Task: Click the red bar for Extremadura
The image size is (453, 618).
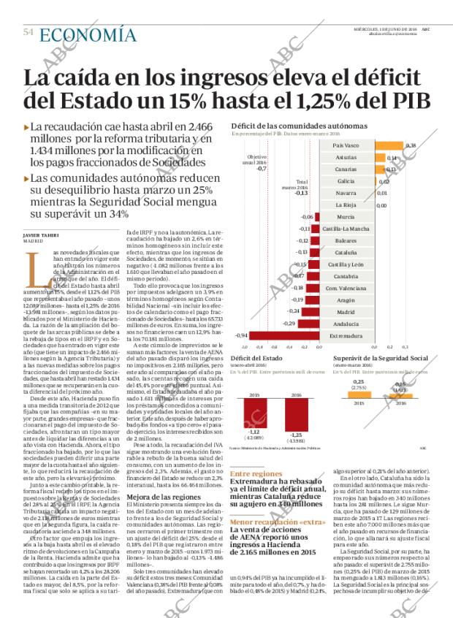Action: pyautogui.click(x=281, y=335)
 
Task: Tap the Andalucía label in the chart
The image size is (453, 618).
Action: pyautogui.click(x=346, y=323)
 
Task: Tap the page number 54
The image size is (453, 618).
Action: pyautogui.click(x=28, y=33)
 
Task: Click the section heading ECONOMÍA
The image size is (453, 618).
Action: pyautogui.click(x=87, y=34)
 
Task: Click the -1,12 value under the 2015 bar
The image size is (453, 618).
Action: pyautogui.click(x=254, y=432)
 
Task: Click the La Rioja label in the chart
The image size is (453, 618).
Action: pyautogui.click(x=346, y=205)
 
